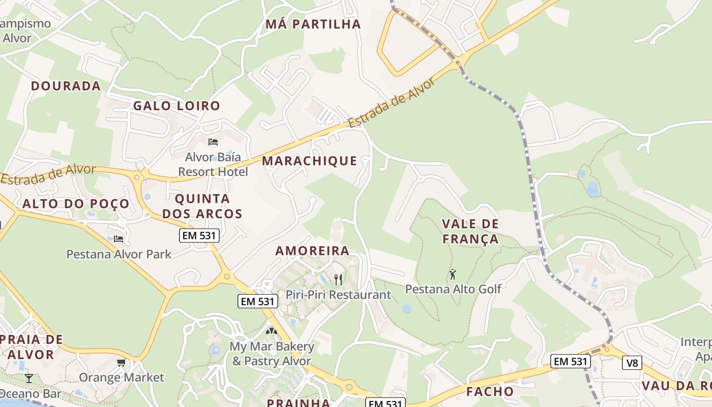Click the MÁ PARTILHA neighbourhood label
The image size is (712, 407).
tap(313, 24)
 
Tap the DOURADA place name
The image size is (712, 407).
tap(66, 85)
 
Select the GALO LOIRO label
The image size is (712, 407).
tap(176, 106)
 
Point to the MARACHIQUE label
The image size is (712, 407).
tap(310, 161)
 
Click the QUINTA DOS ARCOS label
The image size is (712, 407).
tap(202, 206)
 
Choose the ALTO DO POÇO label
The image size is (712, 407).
tap(76, 204)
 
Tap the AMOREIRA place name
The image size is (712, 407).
tap(312, 250)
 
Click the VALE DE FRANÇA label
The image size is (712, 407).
tap(470, 231)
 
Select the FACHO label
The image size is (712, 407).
tap(490, 391)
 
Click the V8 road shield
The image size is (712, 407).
tap(632, 363)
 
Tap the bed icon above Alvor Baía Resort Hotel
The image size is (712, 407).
tap(213, 141)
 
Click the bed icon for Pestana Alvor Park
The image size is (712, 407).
tap(118, 238)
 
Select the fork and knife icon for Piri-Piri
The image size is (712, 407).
tap(338, 279)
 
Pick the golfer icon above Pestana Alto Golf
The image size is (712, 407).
tap(453, 274)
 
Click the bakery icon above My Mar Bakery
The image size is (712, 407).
tap(272, 331)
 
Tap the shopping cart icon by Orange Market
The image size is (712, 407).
tap(121, 363)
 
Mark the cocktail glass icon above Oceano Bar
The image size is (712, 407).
tap(28, 378)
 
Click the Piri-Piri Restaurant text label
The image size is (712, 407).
tap(338, 295)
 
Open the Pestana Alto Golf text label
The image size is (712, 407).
tap(453, 289)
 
